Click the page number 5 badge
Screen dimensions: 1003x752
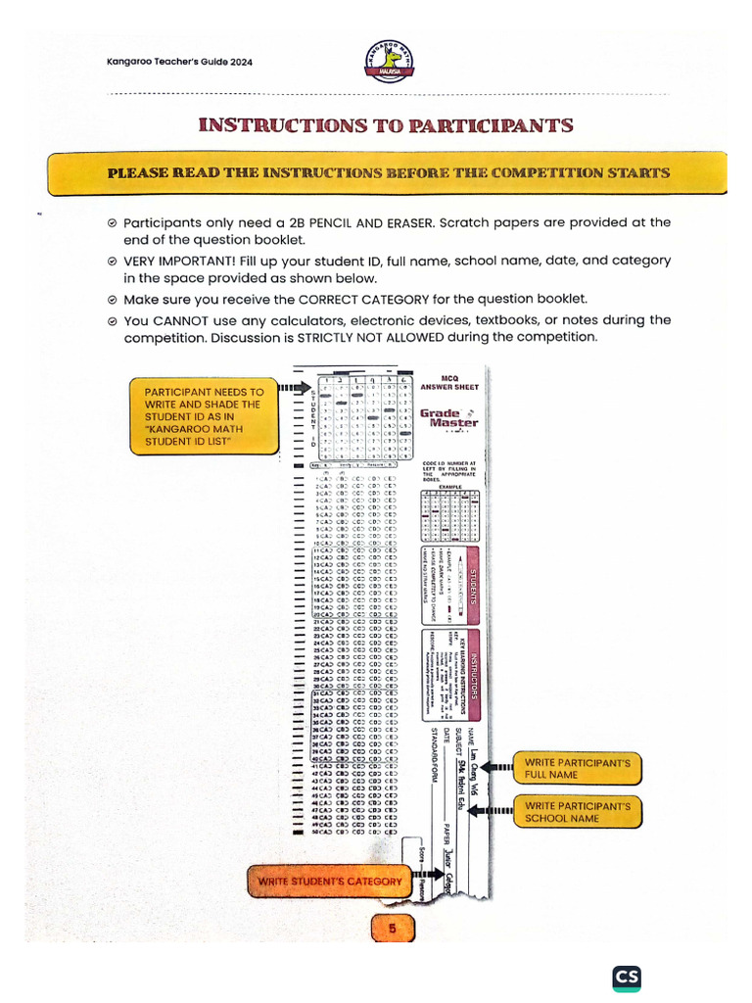392,928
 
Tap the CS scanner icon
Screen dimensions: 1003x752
627,979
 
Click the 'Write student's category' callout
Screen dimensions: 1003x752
329,882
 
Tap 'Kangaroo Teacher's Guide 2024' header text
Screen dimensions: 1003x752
179,62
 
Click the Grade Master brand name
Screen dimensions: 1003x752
449,418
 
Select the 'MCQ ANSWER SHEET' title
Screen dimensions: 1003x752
449,382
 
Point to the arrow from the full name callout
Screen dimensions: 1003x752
499,767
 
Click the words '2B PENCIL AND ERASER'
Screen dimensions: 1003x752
353,222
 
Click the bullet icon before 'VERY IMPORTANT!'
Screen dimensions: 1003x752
113,262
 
